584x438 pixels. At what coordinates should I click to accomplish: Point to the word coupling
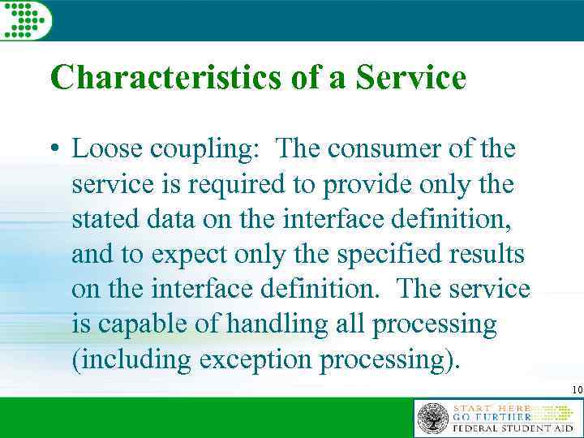point(200,151)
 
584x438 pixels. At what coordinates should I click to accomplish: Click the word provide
point(361,185)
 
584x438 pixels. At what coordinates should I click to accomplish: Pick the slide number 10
point(577,390)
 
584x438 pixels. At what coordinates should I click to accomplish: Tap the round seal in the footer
point(432,418)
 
